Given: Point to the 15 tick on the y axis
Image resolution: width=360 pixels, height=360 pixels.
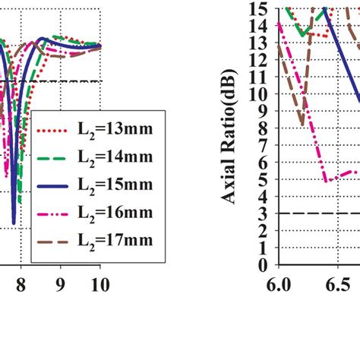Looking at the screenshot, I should pos(261,8).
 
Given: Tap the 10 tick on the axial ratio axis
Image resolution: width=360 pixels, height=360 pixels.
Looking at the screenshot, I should pos(261,94).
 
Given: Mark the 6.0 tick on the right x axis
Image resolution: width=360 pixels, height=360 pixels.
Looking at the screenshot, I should pos(279,284).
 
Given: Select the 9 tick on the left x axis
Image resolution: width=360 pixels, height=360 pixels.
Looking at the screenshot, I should pos(60,284).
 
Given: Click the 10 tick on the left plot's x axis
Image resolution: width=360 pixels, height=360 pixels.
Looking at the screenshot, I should pos(99,284).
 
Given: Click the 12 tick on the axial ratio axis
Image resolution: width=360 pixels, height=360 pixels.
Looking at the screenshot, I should pos(261,60).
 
